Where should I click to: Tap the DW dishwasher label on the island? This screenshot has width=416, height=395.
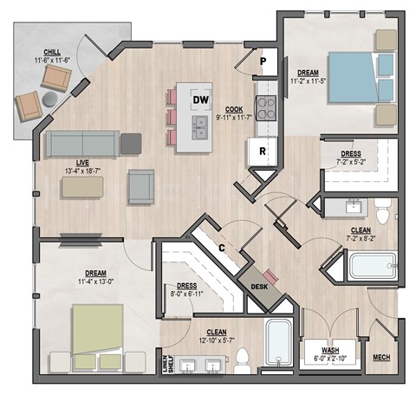click(201, 100)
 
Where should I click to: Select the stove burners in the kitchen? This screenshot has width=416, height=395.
click(266, 111)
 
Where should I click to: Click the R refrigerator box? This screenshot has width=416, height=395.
click(261, 152)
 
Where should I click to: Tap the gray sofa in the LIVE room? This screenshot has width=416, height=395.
click(82, 144)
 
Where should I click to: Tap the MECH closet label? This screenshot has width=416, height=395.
click(380, 357)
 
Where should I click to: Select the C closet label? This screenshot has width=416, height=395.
click(222, 249)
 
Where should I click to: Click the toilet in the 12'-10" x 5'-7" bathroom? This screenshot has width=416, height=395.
click(244, 357)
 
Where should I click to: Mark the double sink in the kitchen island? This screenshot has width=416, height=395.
click(200, 129)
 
